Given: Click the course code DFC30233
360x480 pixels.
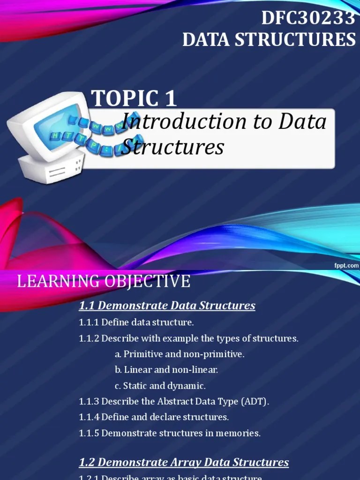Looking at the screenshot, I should click(x=307, y=18).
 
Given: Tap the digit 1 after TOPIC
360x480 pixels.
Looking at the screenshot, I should click(x=170, y=98).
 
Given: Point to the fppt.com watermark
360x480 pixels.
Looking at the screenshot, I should click(x=346, y=265).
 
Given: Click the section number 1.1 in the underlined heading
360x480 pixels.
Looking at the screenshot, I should click(x=87, y=306).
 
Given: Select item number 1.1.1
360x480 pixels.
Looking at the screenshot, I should click(x=89, y=322).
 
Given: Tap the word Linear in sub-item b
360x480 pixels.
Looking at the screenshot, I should click(x=139, y=370).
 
